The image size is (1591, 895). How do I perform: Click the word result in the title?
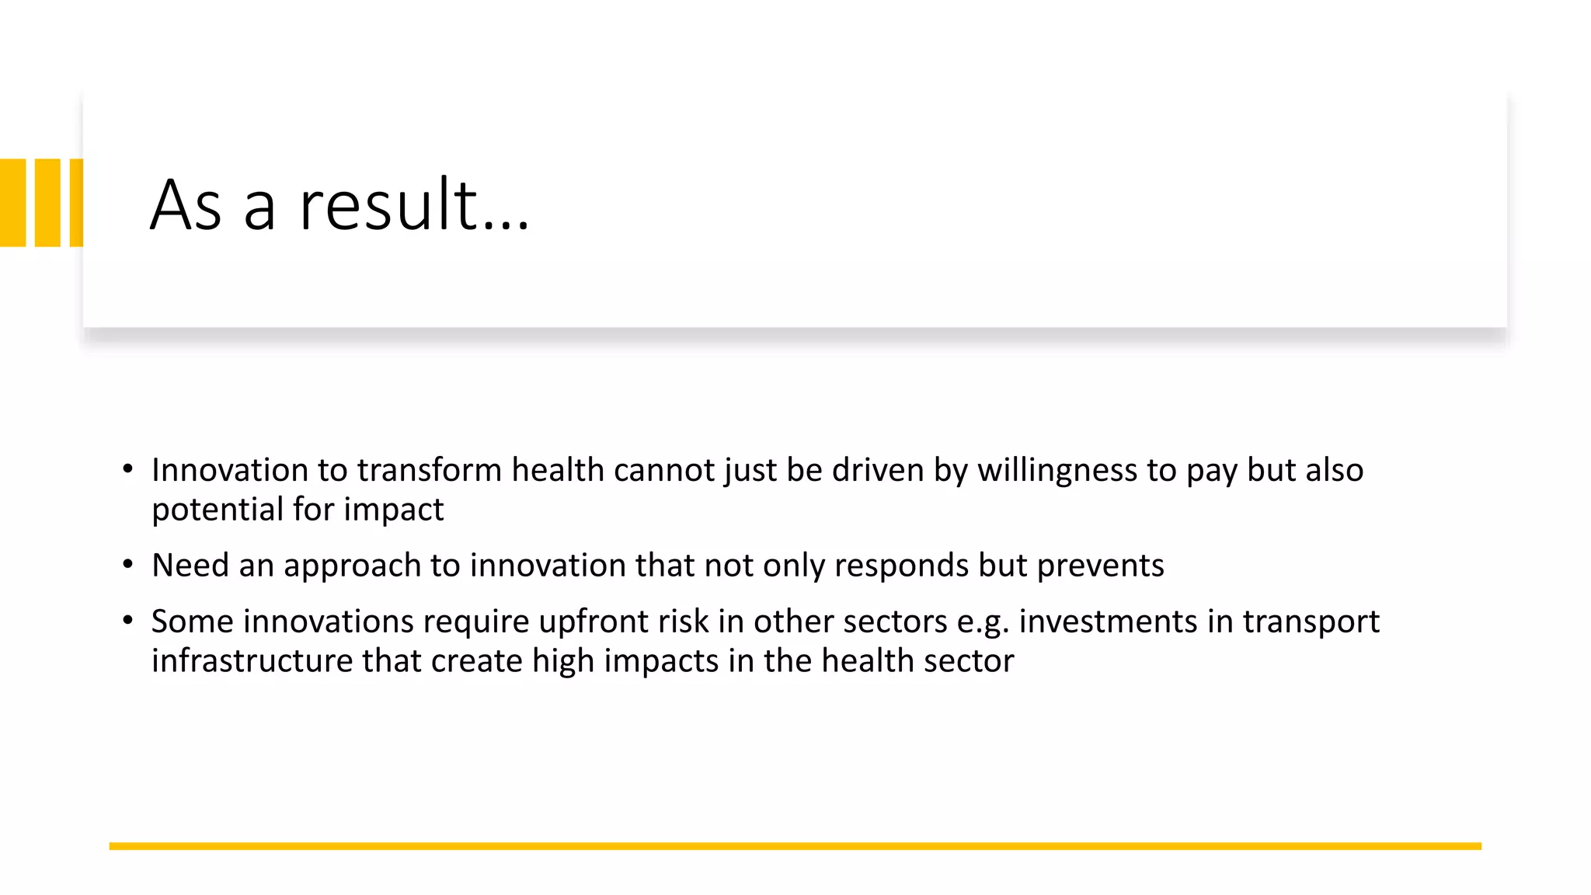[x=388, y=205]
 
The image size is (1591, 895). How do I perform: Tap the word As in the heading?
[x=187, y=205]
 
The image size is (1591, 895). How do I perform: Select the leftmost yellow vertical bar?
[x=12, y=203]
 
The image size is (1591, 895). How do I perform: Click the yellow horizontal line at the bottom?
[x=795, y=846]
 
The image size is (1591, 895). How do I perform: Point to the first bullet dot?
[x=128, y=469]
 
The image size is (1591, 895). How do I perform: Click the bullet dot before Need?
[x=128, y=564]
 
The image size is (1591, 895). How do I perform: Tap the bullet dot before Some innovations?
[x=128, y=620]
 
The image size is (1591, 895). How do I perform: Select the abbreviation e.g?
[x=983, y=622]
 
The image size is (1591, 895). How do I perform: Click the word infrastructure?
[x=252, y=661]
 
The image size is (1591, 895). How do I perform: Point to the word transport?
[x=1311, y=622]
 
